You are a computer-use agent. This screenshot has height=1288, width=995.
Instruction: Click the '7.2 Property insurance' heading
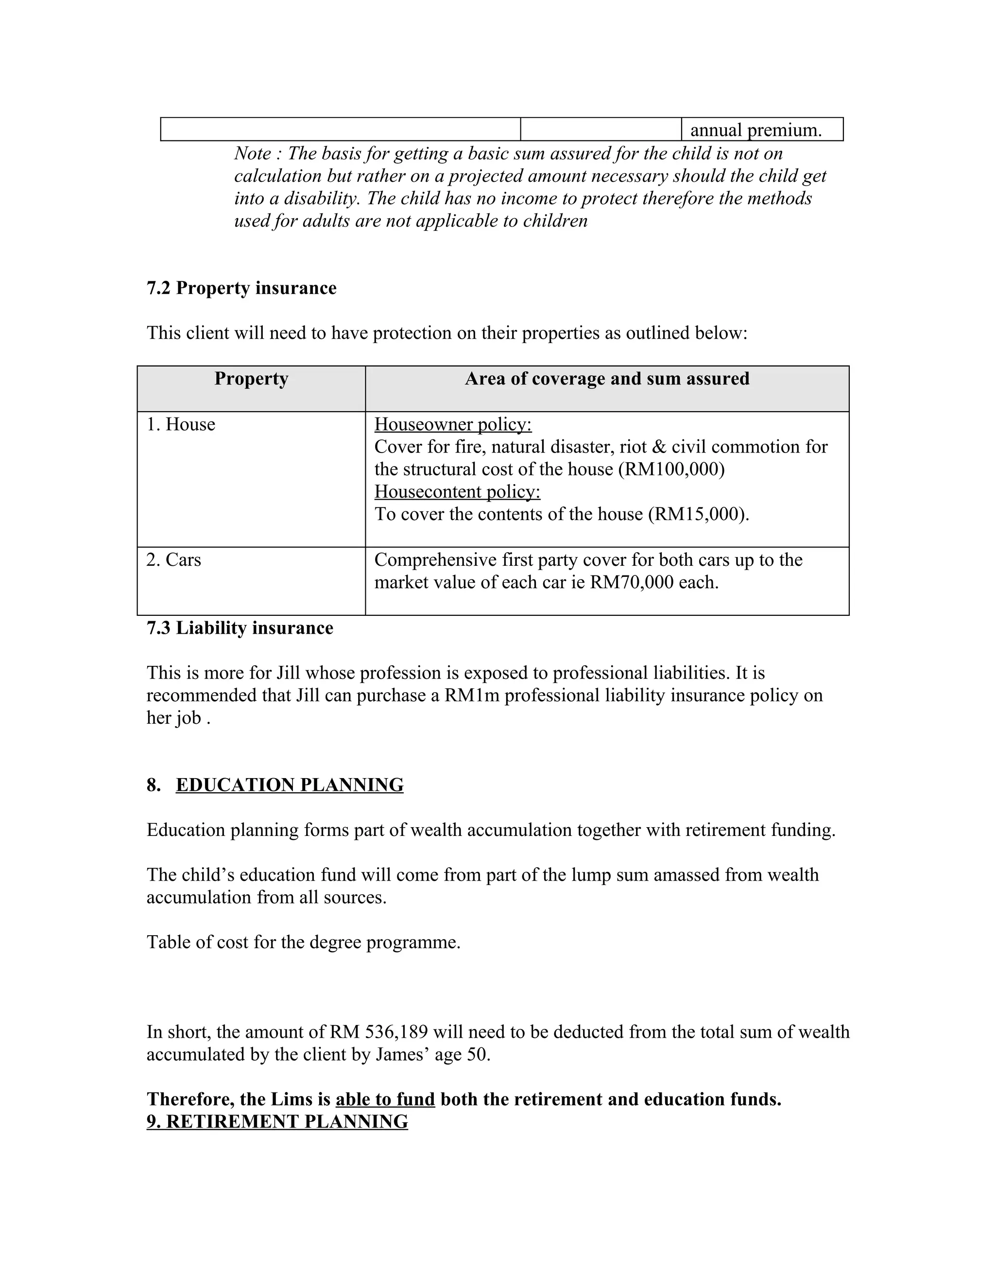pos(241,288)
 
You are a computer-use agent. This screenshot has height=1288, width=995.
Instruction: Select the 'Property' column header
pos(251,379)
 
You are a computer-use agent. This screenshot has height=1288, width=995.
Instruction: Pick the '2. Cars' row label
pos(174,559)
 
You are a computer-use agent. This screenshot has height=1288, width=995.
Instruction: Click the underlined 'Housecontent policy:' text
pos(457,492)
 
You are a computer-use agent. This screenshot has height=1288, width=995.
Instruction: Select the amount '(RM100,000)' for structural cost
pos(671,470)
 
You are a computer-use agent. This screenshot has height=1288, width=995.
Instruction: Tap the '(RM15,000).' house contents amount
pos(699,514)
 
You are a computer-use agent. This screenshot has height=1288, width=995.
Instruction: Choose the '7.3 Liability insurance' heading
pos(240,628)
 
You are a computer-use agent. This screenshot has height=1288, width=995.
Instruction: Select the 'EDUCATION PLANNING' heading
pos(290,785)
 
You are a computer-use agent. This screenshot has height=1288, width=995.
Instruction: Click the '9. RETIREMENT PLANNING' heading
pos(277,1122)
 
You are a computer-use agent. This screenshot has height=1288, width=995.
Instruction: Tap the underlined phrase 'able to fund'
pos(385,1099)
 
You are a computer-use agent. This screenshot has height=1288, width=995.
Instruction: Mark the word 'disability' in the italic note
pos(321,199)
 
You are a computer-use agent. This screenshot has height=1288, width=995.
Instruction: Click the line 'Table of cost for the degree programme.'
pos(304,942)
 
